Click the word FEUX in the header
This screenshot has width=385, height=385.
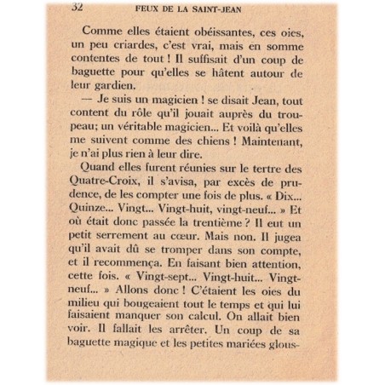pyautogui.click(x=149, y=9)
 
